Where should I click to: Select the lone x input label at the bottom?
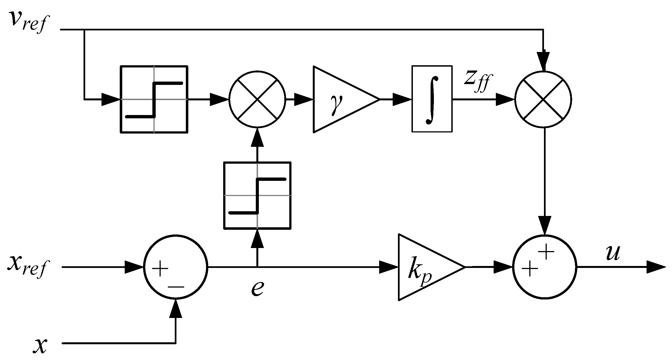pos(40,345)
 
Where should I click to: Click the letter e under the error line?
pos(257,288)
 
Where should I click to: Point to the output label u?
pos(613,253)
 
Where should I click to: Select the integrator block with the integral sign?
pos(432,99)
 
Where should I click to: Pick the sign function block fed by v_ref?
pos(154,99)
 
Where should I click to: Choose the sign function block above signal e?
pos(257,195)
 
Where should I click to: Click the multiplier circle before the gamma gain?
pos(257,99)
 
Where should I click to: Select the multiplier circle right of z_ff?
pos(543,99)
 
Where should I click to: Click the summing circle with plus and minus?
pos(175,267)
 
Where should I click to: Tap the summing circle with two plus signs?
pos(545,267)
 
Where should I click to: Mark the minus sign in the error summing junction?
pos(176,287)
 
